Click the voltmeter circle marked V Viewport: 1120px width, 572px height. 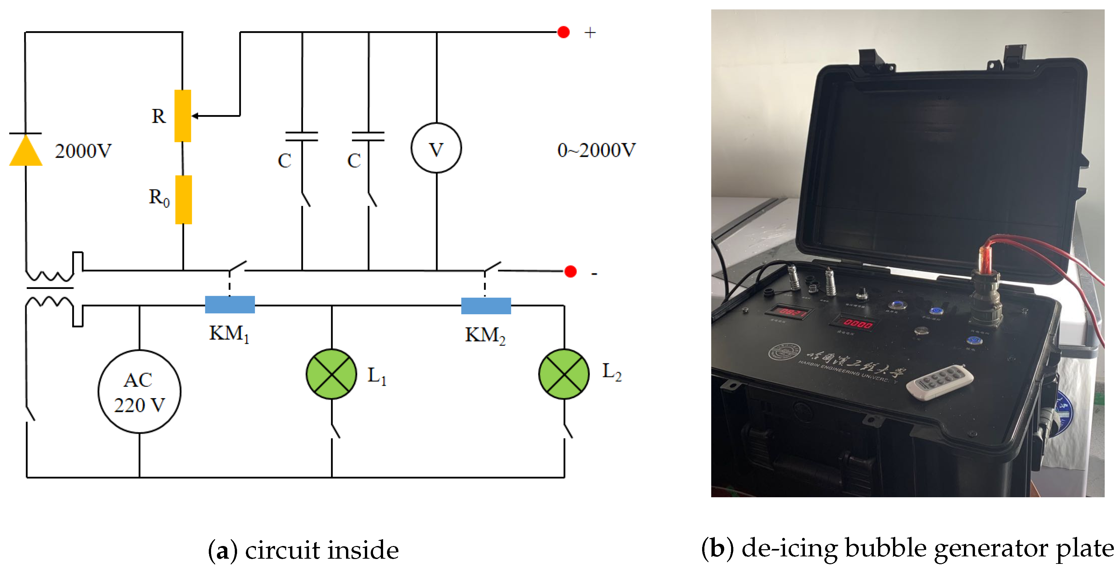click(436, 148)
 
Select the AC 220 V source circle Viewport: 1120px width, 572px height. click(139, 392)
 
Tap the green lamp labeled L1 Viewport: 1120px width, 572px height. click(331, 374)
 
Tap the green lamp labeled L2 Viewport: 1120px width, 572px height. click(564, 374)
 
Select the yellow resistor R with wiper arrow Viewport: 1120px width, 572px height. click(183, 116)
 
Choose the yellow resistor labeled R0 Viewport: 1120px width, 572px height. click(183, 200)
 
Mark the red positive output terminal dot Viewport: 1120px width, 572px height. click(564, 32)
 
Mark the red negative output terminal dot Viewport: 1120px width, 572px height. click(570, 272)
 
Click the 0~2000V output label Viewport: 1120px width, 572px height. click(596, 150)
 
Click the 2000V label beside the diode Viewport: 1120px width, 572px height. click(83, 151)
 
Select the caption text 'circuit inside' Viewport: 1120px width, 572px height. click(322, 550)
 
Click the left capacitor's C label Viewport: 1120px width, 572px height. click(284, 161)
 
